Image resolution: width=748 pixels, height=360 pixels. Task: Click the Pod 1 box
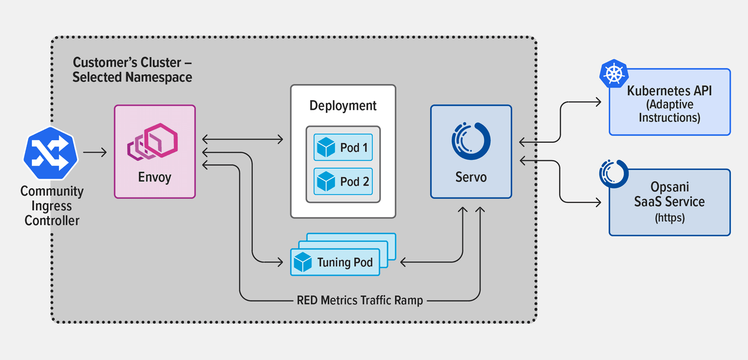(x=343, y=147)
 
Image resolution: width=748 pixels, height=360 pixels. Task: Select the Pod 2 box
(x=343, y=181)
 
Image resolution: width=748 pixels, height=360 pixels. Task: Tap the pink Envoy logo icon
(x=153, y=142)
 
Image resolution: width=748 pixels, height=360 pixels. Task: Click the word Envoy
(x=155, y=177)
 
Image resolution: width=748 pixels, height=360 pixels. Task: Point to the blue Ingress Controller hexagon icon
(x=50, y=153)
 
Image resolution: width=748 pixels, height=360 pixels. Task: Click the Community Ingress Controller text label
(x=52, y=206)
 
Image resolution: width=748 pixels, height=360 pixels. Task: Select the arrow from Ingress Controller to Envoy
(x=95, y=152)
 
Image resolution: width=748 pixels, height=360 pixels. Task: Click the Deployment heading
(x=343, y=106)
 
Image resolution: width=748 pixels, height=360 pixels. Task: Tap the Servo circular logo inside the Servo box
(x=471, y=140)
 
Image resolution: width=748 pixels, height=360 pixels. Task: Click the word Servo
(x=471, y=177)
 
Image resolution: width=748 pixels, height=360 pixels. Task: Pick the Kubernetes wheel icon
(x=614, y=74)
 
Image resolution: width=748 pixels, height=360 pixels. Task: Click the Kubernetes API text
(x=669, y=91)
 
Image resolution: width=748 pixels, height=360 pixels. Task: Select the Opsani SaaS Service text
(x=669, y=194)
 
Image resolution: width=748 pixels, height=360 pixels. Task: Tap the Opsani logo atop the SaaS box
(x=614, y=173)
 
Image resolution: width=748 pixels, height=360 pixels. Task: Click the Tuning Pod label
(x=345, y=262)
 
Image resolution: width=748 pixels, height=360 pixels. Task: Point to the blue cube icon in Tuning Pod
(x=302, y=262)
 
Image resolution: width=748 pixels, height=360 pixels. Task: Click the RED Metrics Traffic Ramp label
(x=360, y=300)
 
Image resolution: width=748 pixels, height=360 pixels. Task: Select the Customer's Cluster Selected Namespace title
(x=132, y=70)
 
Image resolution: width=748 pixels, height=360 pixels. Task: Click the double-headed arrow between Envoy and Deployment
(x=243, y=139)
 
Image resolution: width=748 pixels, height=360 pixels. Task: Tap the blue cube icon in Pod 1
(x=326, y=147)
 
